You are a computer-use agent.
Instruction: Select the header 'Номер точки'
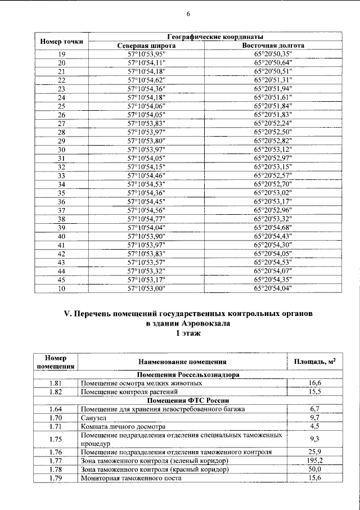(x=62, y=41)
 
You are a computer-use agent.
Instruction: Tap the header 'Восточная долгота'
(x=273, y=46)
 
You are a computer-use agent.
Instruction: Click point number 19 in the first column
(x=62, y=54)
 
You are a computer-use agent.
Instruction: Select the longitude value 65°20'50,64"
(x=273, y=62)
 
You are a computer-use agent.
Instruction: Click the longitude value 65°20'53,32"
(x=273, y=219)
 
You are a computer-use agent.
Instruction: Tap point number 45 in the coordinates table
(x=62, y=280)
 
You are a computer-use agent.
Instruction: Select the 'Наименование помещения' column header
(x=182, y=362)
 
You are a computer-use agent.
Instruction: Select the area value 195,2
(x=314, y=460)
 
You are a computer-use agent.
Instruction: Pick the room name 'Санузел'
(x=94, y=418)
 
